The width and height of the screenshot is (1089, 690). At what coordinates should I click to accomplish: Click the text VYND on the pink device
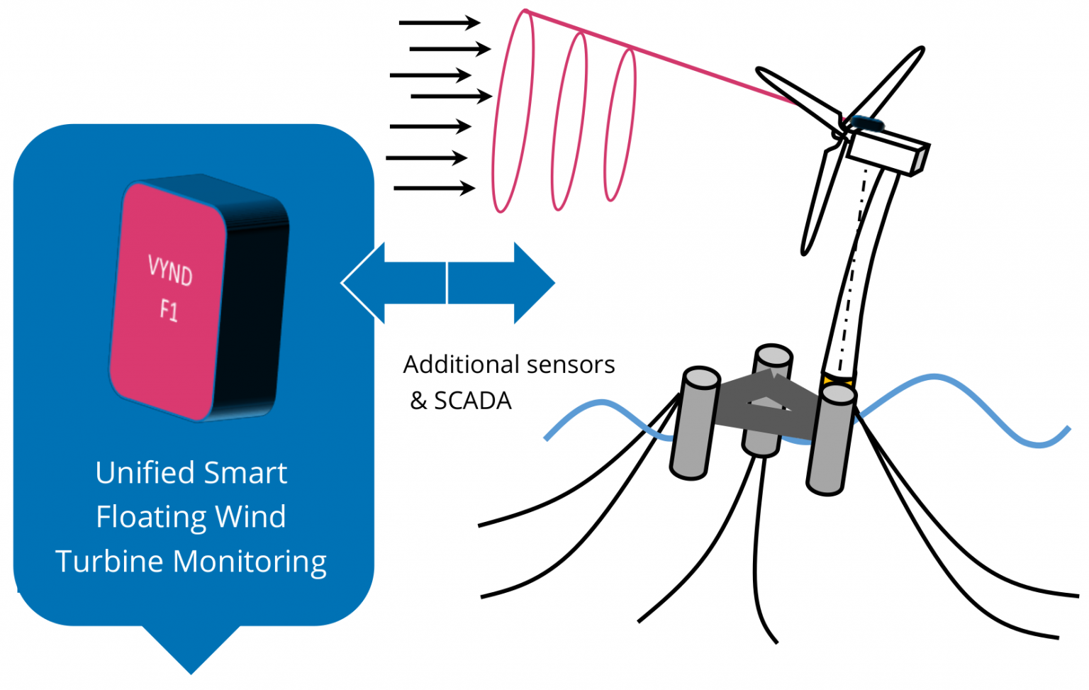click(x=170, y=270)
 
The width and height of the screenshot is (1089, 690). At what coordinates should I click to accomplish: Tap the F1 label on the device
click(x=169, y=310)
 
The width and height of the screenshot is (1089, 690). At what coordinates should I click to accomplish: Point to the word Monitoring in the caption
click(x=250, y=562)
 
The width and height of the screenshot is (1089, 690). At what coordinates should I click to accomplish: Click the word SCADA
click(x=472, y=401)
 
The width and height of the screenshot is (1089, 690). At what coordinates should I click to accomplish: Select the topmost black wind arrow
click(x=440, y=23)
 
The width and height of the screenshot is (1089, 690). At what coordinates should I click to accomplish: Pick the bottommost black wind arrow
click(x=434, y=188)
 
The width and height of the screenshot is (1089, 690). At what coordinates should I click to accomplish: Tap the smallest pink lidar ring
click(x=620, y=125)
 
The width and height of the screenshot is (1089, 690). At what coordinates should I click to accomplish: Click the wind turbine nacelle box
click(x=886, y=150)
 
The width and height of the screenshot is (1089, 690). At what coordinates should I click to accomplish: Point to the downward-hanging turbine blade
click(x=822, y=199)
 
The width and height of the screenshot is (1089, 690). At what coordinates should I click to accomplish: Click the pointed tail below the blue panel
click(x=191, y=649)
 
